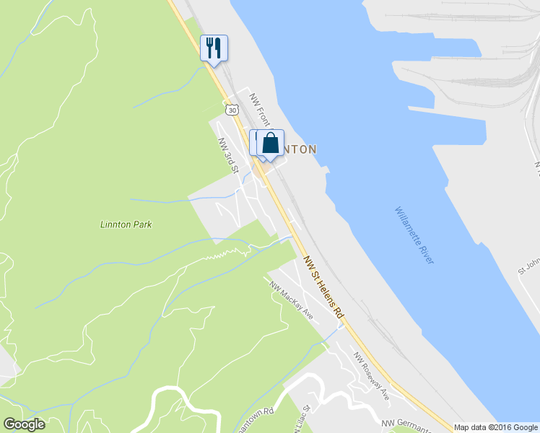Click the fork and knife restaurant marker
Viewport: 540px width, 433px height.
(x=214, y=48)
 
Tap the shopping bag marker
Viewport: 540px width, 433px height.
(x=270, y=142)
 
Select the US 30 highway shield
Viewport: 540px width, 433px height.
(x=231, y=110)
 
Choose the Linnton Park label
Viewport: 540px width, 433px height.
(x=126, y=224)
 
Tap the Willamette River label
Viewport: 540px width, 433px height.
(x=414, y=235)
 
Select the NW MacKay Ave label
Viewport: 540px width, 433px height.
(x=292, y=300)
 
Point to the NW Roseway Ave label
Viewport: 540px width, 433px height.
(x=371, y=376)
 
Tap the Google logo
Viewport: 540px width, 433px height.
(x=24, y=424)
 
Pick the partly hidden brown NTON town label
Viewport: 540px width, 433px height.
(x=300, y=149)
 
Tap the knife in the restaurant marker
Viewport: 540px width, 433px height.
(x=217, y=48)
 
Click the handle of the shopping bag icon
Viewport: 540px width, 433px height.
(x=270, y=136)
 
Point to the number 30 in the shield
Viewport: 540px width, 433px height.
(x=231, y=110)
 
